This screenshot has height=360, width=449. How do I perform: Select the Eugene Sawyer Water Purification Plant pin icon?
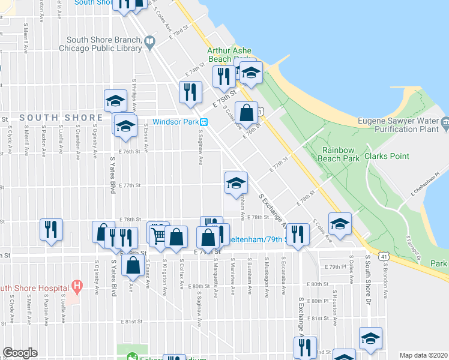(x=445, y=124)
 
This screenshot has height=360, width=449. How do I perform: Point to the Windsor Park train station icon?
(x=204, y=122)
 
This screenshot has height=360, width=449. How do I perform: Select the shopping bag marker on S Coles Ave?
(x=247, y=112)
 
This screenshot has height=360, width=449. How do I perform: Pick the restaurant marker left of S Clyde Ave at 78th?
(x=50, y=230)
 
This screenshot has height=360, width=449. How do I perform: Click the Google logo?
(x=20, y=353)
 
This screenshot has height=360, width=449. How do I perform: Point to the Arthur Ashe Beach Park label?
(x=229, y=55)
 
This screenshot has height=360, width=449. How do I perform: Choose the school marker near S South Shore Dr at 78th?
(x=340, y=224)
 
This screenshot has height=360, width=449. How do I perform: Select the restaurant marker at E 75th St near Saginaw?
(x=191, y=92)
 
